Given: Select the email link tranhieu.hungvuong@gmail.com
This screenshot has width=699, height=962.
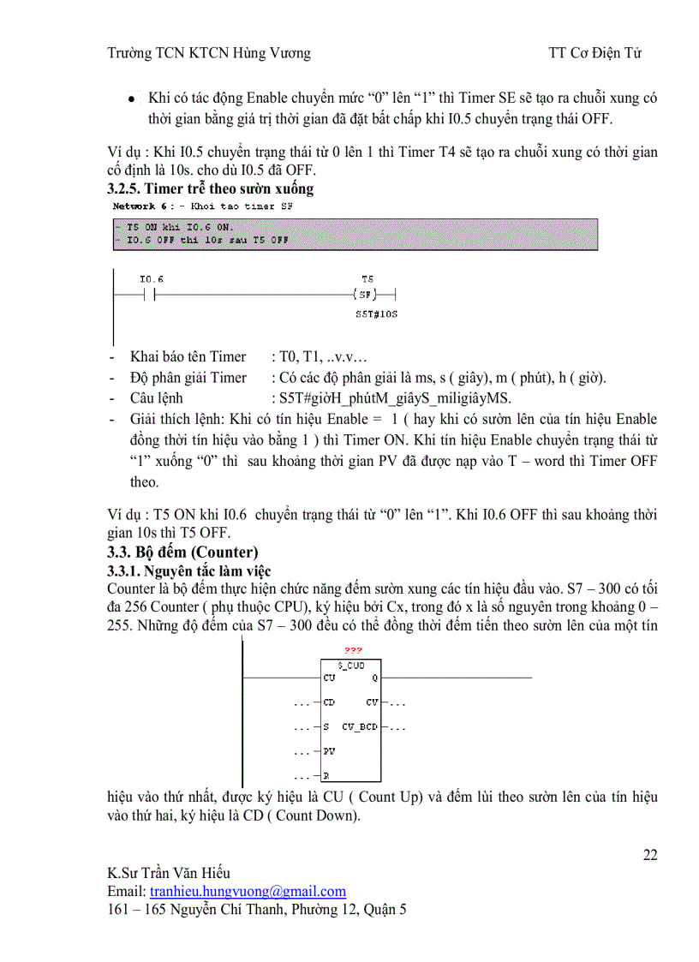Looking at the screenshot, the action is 248,891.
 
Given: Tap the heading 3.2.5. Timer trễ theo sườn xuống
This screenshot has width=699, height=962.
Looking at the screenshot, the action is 216,188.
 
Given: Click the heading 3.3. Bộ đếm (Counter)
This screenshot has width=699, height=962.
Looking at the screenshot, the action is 182,552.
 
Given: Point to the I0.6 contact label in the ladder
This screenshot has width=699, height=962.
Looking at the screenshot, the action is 151,279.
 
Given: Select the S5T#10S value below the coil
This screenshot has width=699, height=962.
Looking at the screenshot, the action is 376,314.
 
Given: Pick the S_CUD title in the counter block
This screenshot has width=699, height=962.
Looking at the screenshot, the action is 351,664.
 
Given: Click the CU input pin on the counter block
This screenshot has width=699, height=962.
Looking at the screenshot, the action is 330,677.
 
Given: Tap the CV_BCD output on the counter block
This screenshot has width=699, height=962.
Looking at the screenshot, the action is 360,727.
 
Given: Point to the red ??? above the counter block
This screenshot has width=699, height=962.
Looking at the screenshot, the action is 352,651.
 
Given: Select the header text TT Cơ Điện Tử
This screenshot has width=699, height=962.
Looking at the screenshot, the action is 595,53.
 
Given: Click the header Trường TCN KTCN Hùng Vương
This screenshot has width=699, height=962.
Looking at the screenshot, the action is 209,53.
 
